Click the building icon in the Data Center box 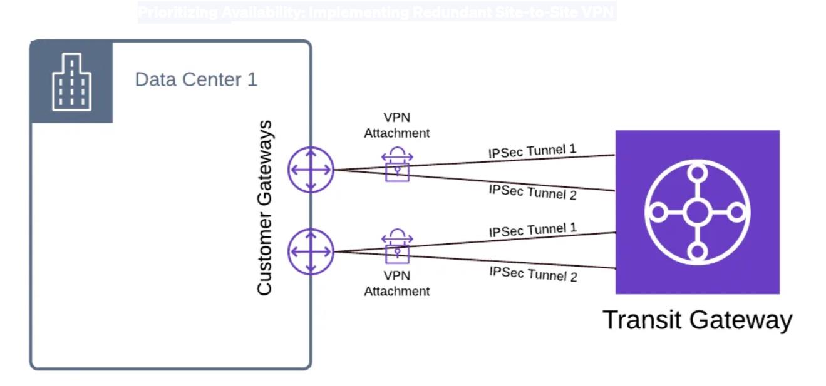[71, 82]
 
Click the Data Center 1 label [196, 80]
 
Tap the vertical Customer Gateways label [265, 208]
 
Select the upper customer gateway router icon [311, 170]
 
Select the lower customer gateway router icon [311, 251]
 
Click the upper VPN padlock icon [397, 164]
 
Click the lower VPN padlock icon [397, 246]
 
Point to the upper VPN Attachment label [397, 125]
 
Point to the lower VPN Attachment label [397, 283]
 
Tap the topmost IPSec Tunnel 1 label [532, 151]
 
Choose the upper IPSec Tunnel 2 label [532, 191]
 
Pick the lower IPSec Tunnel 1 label [532, 230]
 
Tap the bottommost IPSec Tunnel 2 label [532, 273]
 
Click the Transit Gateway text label [697, 320]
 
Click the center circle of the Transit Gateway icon [697, 212]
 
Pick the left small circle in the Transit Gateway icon [658, 212]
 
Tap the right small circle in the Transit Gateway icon [737, 212]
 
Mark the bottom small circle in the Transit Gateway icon [697, 251]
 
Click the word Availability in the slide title [264, 12]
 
